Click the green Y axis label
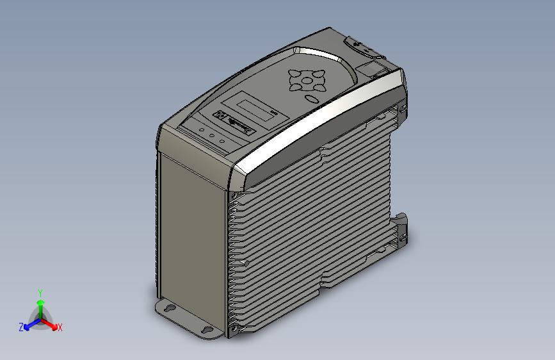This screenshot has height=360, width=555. (40, 292)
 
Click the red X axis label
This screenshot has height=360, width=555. (60, 327)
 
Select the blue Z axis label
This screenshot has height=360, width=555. (21, 327)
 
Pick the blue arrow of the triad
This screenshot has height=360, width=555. (29, 325)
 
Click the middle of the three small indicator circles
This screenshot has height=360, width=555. (212, 136)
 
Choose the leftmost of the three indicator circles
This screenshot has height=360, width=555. (202, 131)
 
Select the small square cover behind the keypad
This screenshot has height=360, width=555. (373, 69)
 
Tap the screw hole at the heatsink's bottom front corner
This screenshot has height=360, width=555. (234, 328)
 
